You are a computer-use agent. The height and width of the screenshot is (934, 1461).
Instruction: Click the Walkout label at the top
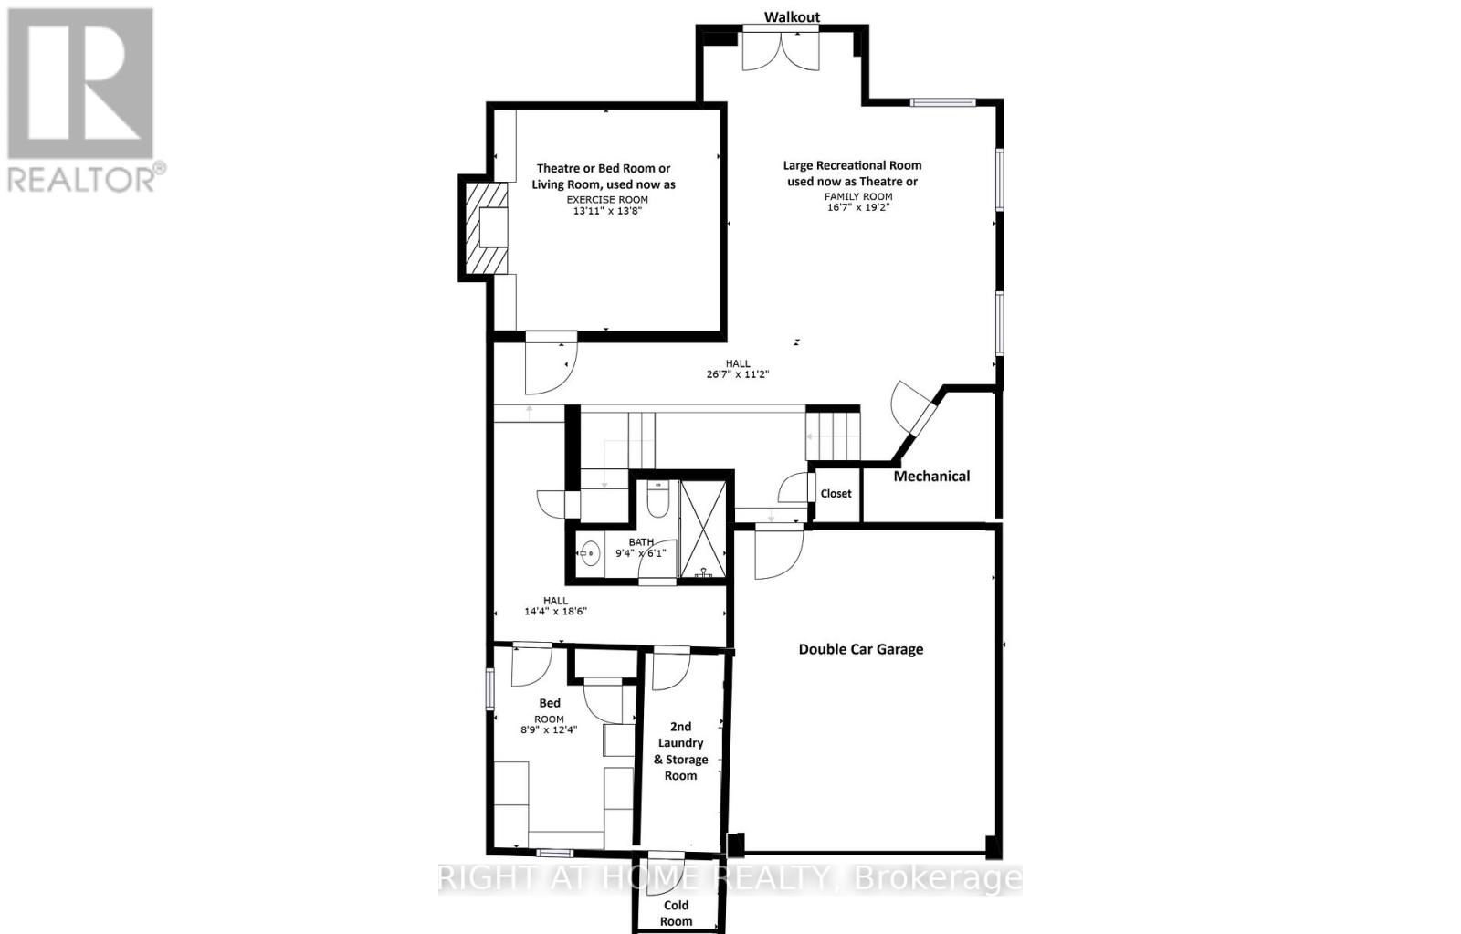[x=792, y=16]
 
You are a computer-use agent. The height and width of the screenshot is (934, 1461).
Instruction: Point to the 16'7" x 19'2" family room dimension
[x=857, y=207]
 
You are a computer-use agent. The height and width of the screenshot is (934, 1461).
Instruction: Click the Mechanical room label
[x=931, y=476]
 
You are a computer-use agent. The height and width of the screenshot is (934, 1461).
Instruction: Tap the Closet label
[x=836, y=494]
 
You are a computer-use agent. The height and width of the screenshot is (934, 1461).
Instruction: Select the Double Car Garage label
[x=861, y=649]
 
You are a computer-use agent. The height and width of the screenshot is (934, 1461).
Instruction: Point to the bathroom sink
[x=590, y=552]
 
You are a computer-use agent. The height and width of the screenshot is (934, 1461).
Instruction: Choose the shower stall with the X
[x=703, y=530]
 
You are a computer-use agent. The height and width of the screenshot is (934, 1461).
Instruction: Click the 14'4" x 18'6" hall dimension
[x=555, y=612]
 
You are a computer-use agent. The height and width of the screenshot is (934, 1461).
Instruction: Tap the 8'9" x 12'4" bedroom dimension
[x=549, y=729]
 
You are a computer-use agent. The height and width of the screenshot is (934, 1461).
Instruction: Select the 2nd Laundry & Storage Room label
[x=681, y=751]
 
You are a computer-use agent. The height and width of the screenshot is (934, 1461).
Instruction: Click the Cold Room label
[x=676, y=913]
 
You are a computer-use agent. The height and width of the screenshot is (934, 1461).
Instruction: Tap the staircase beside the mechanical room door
[x=833, y=436]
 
